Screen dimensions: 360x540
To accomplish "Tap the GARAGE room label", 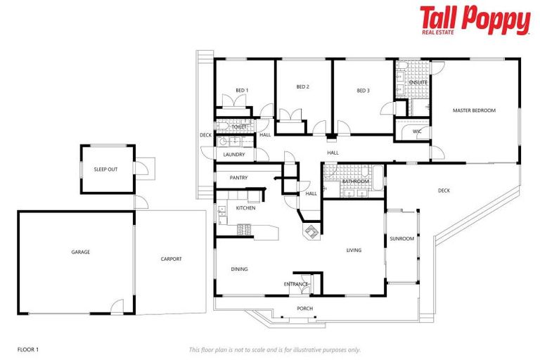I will click(x=80, y=252).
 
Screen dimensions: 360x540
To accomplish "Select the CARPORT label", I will click(x=171, y=259).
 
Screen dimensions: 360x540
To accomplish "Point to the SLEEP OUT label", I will click(x=105, y=169).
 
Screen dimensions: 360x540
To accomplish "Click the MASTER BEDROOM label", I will click(x=474, y=110).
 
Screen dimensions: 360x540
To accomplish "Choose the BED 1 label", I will click(x=242, y=89).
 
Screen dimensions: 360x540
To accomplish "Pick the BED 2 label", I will click(x=303, y=86).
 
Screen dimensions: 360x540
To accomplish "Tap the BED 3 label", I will click(x=363, y=90).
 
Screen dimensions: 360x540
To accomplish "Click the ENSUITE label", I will click(x=419, y=82).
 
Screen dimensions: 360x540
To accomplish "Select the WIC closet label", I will click(x=416, y=131).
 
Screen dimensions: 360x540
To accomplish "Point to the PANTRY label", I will click(x=238, y=177).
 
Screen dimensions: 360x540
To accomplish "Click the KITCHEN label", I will click(x=245, y=208).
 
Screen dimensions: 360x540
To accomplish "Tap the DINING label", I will click(x=239, y=269).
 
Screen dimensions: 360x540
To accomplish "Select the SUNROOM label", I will click(x=402, y=239).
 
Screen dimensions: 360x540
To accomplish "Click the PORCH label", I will click(x=305, y=309).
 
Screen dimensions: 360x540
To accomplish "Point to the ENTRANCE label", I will click(x=296, y=284).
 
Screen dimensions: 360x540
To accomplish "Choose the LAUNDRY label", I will click(x=233, y=155).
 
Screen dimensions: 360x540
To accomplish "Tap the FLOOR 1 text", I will click(x=28, y=349).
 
